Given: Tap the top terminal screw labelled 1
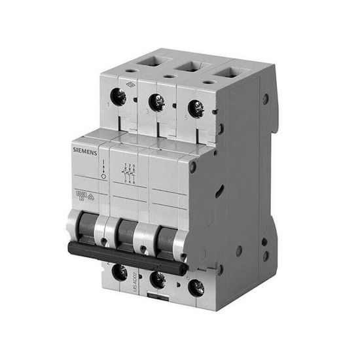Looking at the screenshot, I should [118, 98].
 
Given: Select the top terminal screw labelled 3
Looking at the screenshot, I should [156, 101].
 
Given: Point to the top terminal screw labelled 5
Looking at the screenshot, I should [196, 107].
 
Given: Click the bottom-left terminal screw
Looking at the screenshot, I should [120, 270].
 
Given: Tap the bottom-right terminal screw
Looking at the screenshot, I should [196, 287].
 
